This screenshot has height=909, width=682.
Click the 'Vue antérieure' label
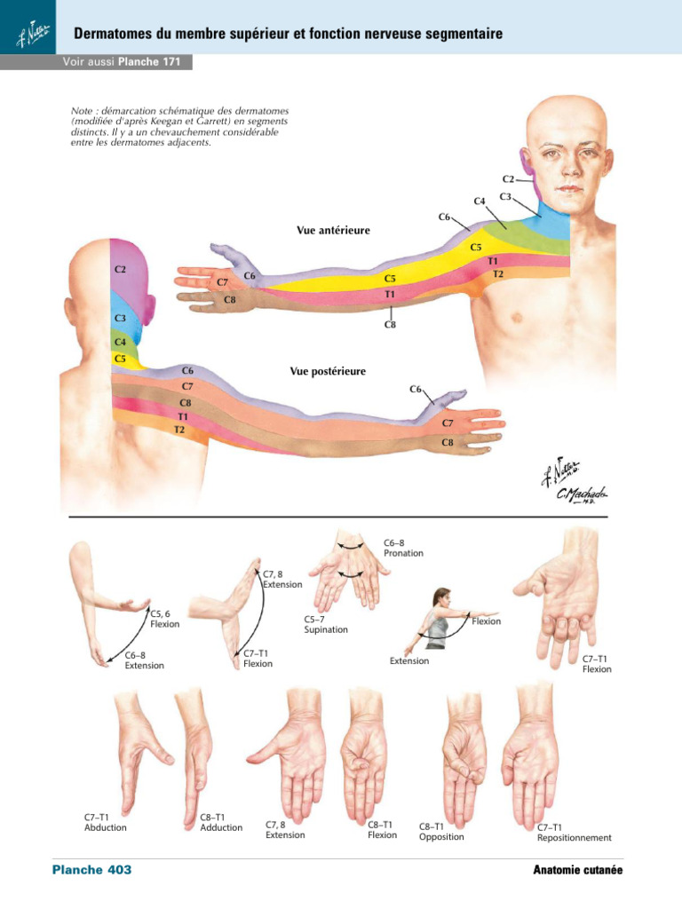pyautogui.click(x=333, y=231)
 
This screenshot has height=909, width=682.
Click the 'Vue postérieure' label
pyautogui.click(x=328, y=372)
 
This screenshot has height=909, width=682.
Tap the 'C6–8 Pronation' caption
pyautogui.click(x=403, y=547)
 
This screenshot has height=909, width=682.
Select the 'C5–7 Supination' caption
pyautogui.click(x=325, y=625)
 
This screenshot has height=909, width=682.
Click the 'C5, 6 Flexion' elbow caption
pyautogui.click(x=165, y=618)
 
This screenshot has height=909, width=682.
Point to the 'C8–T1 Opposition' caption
pyautogui.click(x=441, y=831)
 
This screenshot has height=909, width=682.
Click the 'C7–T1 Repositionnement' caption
pyautogui.click(x=574, y=832)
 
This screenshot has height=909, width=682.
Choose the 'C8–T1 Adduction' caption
pyautogui.click(x=221, y=822)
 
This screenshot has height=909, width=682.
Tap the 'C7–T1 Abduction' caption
pyautogui.click(x=106, y=822)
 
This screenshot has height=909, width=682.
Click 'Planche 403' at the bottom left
pyautogui.click(x=91, y=870)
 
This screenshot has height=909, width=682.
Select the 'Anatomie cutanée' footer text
pyautogui.click(x=577, y=871)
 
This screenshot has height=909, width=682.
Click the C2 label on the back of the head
pyautogui.click(x=119, y=268)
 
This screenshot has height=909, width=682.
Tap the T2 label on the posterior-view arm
pyautogui.click(x=179, y=430)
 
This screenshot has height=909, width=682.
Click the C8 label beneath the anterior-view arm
pyautogui.click(x=390, y=325)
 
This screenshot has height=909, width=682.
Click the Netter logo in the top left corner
pyautogui.click(x=27, y=36)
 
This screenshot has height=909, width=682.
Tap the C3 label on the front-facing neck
pyautogui.click(x=504, y=196)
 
